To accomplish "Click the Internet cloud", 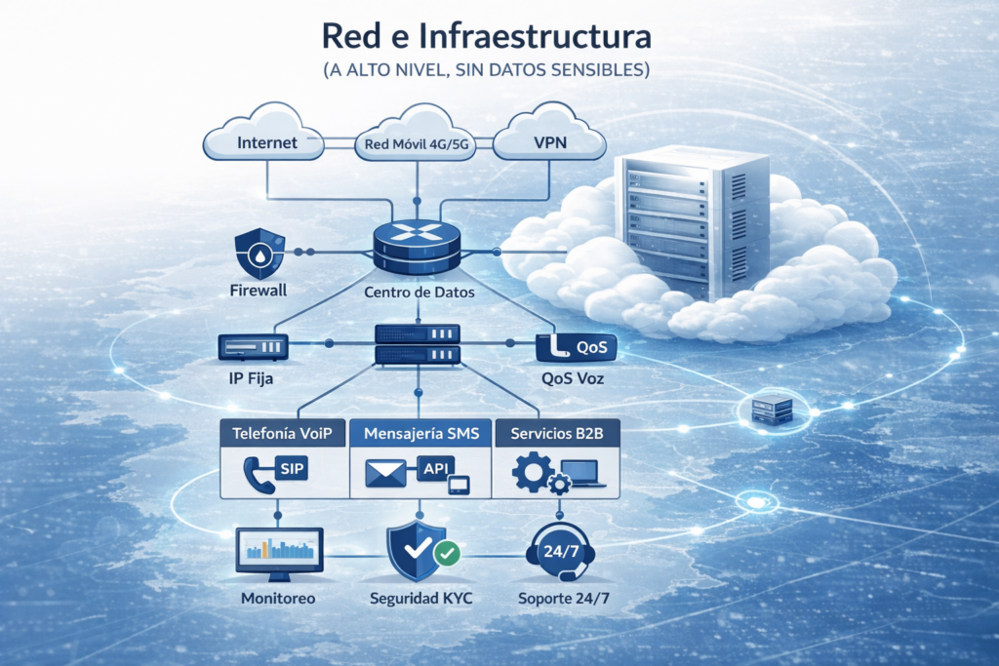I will tap(264, 142).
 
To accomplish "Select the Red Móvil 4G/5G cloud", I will tap(419, 144).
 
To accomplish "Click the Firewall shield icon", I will tap(259, 254).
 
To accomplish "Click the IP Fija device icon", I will tap(253, 346).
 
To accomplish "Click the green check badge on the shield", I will tap(446, 554).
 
